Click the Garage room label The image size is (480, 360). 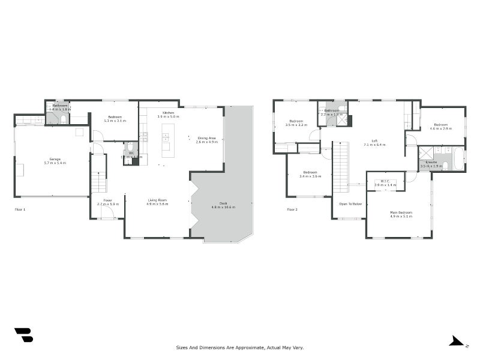tap(55, 159)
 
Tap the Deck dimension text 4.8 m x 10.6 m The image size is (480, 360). tap(223, 207)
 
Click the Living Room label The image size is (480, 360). tap(157, 200)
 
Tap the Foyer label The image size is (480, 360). tap(107, 200)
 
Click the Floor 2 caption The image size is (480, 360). tap(292, 209)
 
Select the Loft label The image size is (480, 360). tap(374, 141)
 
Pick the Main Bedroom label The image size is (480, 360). tap(401, 213)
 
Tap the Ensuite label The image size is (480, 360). tap(431, 162)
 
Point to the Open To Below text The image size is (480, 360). tap(350, 204)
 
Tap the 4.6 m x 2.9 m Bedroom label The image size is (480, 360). tap(442, 125)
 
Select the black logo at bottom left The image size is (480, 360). tap(24, 335)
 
